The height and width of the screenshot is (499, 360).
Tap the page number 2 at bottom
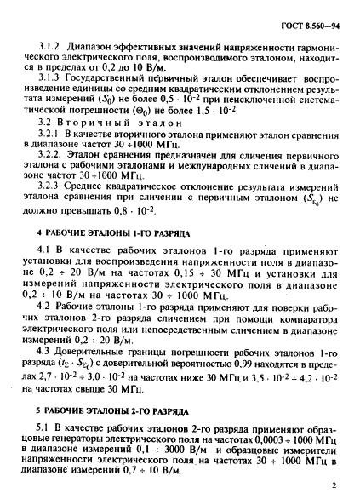coord(335,485)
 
